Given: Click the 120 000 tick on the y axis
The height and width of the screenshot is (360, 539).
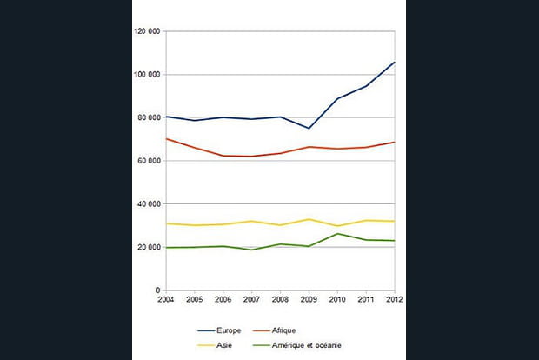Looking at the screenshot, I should [148, 31].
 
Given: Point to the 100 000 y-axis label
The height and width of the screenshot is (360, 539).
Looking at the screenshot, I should [148, 75].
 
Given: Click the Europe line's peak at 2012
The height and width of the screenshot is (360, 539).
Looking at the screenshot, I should [395, 63].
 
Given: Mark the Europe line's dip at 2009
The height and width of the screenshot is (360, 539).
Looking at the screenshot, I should [309, 129].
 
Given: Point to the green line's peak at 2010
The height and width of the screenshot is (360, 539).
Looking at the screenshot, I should [337, 233].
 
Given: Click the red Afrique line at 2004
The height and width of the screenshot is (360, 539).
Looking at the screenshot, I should [165, 139].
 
